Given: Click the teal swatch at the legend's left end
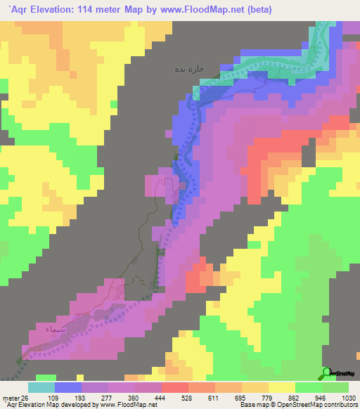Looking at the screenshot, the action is click(41, 387).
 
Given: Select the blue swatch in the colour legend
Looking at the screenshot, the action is click(67, 387).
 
